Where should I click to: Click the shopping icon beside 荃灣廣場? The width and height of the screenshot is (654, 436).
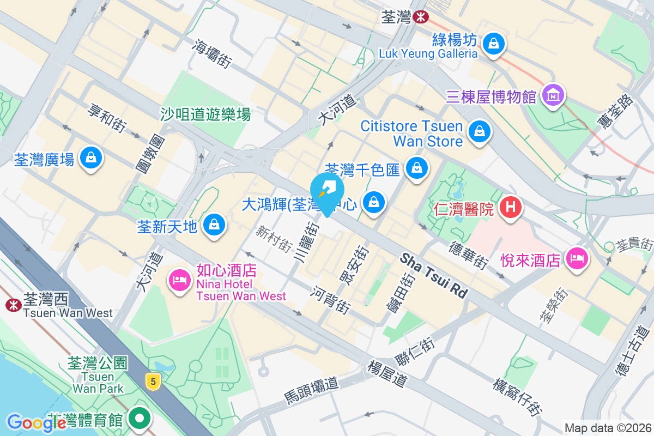pyautogui.click(x=91, y=158)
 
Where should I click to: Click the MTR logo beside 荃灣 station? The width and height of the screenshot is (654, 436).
pyautogui.click(x=420, y=17)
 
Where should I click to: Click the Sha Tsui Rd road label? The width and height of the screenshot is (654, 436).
pyautogui.click(x=434, y=275)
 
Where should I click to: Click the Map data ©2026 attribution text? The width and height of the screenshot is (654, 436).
pyautogui.click(x=607, y=428)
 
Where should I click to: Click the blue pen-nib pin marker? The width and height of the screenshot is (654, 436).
pyautogui.click(x=327, y=191)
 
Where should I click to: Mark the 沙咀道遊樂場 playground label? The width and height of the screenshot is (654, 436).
pyautogui.click(x=205, y=114)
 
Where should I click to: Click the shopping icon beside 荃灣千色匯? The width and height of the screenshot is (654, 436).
pyautogui.click(x=417, y=168)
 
